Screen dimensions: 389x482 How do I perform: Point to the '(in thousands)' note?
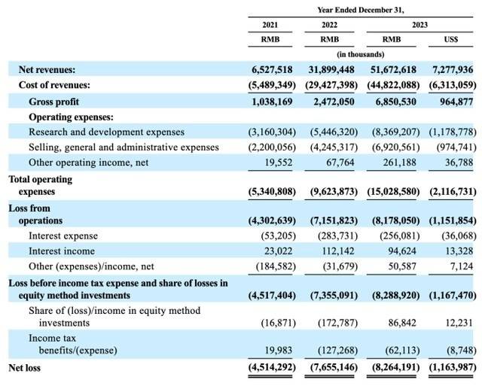click(361, 55)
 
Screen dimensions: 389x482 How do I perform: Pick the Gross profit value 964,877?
click(450, 101)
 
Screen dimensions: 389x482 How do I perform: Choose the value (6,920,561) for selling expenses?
click(392, 147)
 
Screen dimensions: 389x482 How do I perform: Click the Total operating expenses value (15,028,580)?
click(392, 190)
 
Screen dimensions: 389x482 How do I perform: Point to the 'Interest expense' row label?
click(63, 236)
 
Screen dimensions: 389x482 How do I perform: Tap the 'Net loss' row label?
click(24, 368)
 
